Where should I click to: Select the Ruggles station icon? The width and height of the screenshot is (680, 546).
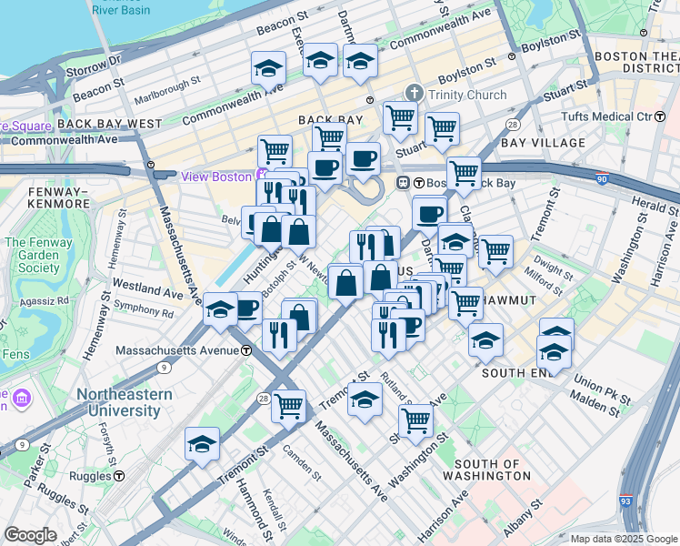coord(119,475)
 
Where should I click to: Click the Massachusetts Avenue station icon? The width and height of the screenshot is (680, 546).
coord(246,350)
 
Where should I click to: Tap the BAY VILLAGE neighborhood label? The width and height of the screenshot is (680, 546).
coord(543,143)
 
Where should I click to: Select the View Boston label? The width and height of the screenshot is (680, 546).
coord(216,177)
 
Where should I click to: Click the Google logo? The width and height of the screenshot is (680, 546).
coord(30,535)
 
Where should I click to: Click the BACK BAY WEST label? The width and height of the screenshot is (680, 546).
coord(108,123)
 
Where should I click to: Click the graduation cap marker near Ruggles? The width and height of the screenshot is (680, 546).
coord(202,444)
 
